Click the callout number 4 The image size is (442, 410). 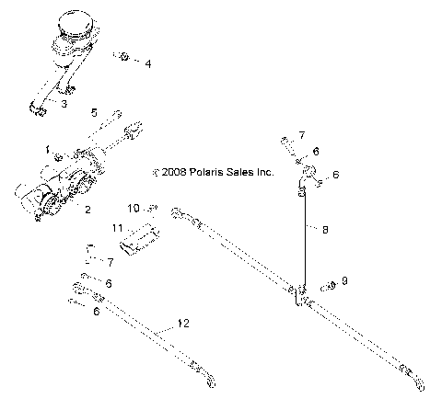coord(147,63)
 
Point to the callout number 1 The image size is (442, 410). coord(48,148)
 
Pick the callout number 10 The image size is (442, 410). coord(132,208)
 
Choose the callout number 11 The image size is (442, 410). coord(117,227)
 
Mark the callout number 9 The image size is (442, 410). coord(344,280)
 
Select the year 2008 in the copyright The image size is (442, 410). coord(175,172)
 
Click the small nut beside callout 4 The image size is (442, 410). coord(123,57)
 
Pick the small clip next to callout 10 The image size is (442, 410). coord(154,209)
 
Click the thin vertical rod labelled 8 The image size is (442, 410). coord(305,234)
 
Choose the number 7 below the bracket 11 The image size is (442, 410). coord(110,262)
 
